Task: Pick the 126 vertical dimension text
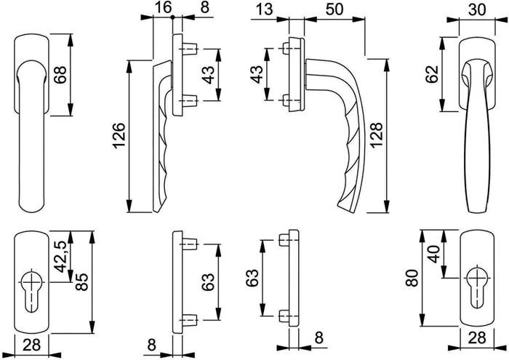coord(120,136)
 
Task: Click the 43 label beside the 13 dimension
coord(256,73)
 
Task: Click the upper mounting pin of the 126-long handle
coord(191,49)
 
